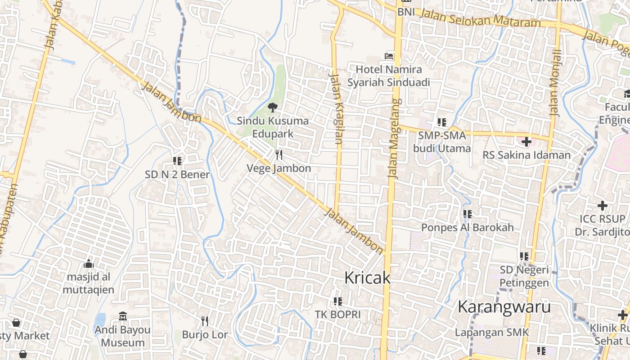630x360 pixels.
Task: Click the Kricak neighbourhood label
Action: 367,278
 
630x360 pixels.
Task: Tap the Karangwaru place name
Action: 504,307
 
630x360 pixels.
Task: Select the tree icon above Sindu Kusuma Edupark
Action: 272,108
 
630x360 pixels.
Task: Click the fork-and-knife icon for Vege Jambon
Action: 279,155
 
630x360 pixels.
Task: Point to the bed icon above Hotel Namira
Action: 389,56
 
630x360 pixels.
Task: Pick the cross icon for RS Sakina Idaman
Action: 526,142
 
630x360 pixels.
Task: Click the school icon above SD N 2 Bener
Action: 177,161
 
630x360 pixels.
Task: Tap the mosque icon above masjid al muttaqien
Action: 89,264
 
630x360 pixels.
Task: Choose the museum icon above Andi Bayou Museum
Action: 123,316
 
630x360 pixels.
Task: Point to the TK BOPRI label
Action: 337,314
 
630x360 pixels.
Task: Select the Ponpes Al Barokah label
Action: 467,227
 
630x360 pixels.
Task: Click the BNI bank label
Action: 406,12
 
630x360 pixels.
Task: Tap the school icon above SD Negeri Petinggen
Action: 524,256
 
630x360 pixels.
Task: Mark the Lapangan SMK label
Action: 492,333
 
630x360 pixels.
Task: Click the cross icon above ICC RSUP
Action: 602,206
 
